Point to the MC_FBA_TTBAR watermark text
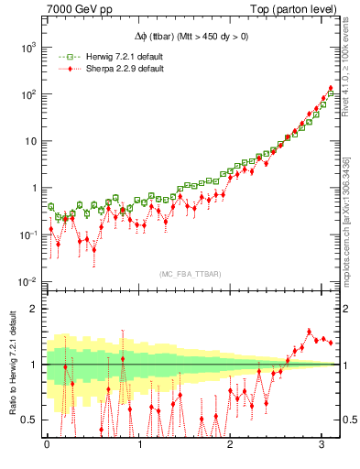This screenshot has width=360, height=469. click(190, 274)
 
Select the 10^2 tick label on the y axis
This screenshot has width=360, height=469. click(28, 93)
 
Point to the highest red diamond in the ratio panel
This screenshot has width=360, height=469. click(310, 332)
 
